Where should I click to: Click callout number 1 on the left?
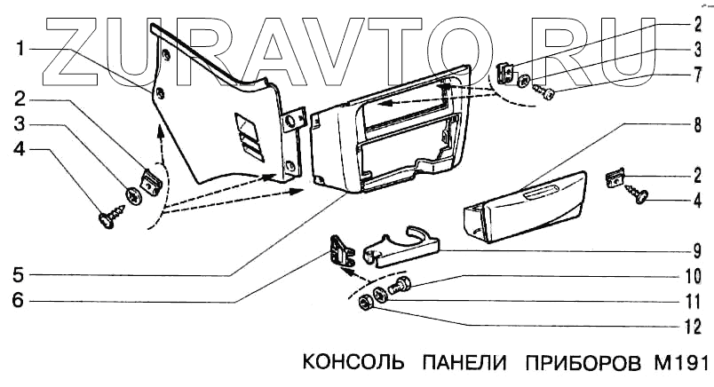click(19, 51)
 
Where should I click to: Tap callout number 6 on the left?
click(19, 300)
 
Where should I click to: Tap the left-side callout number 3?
click(19, 123)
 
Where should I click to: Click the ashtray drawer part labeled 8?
click(524, 206)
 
